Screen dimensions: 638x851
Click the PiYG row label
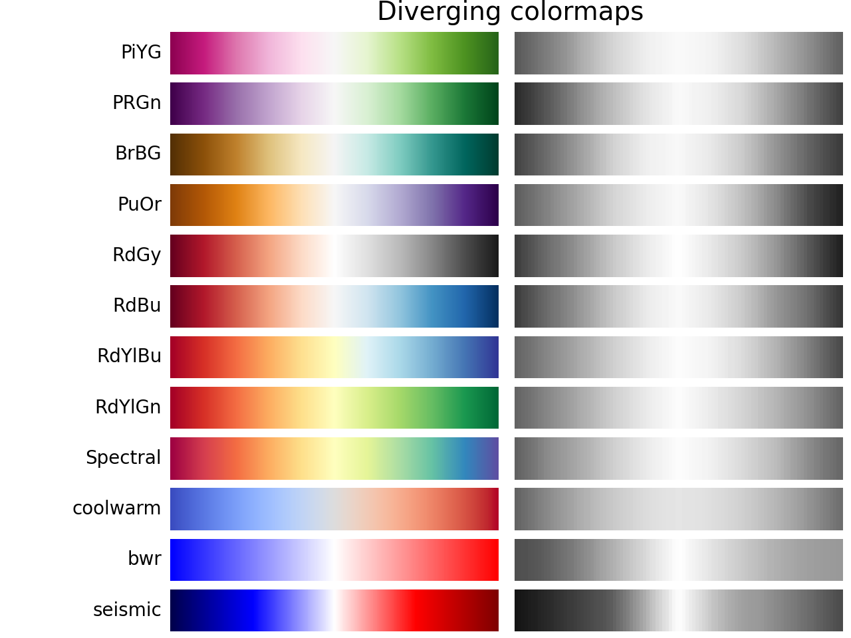pos(141,53)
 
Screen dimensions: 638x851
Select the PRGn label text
pos(136,103)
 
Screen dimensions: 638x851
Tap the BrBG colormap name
pos(138,154)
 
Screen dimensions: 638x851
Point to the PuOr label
pos(139,205)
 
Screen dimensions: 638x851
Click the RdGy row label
pos(136,255)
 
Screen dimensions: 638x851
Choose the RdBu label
pos(137,306)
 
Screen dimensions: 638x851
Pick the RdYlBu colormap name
pos(129,356)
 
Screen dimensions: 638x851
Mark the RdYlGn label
pos(128,407)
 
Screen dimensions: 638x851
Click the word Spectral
pos(123,458)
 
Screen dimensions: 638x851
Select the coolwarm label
pos(116,508)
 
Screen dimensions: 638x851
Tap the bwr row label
pos(144,559)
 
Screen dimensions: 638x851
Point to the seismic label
pos(127,609)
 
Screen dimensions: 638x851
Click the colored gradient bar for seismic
pos(334,610)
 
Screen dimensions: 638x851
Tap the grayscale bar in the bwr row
pos(679,560)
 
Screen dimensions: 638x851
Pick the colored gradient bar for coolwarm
pos(334,509)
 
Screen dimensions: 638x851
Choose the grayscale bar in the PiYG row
pos(679,53)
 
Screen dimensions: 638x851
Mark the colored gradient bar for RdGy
pos(334,256)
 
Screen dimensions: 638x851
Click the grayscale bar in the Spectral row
pos(679,459)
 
